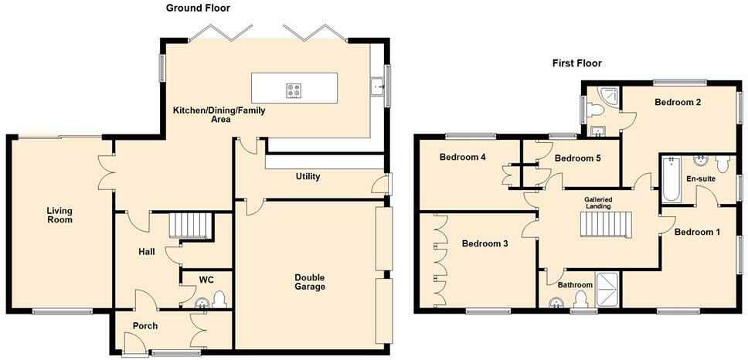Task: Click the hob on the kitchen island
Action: click(x=294, y=90)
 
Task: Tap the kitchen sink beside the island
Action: click(x=378, y=86)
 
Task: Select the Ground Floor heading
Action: click(x=198, y=8)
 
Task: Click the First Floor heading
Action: click(x=576, y=63)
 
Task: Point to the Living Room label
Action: click(x=59, y=215)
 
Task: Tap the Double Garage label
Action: click(x=310, y=282)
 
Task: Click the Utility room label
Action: click(x=308, y=176)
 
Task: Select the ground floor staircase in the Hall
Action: click(x=190, y=226)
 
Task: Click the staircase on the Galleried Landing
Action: click(x=605, y=224)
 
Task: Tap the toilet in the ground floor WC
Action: click(x=219, y=300)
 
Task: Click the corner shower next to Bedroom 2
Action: click(x=610, y=96)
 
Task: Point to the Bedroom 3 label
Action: click(x=484, y=243)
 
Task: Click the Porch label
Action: click(x=145, y=326)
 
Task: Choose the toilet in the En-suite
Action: click(x=722, y=165)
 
